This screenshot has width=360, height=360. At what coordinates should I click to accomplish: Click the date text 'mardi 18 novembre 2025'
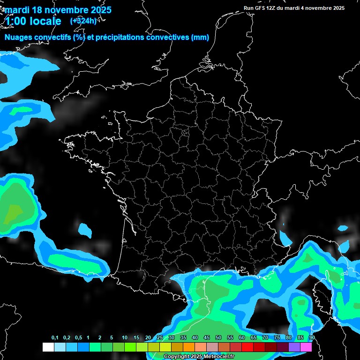[x=58, y=10]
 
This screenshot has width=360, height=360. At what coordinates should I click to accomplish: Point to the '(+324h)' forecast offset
[x=83, y=21]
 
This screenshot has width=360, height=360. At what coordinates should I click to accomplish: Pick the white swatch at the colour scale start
[x=48, y=347]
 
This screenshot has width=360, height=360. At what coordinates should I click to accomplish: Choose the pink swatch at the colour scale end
[x=306, y=347]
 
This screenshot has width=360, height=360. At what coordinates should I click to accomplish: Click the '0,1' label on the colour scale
[x=55, y=338]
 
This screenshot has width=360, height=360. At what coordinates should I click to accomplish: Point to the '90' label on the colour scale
[x=312, y=338]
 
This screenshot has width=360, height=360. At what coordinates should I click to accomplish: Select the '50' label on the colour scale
[x=218, y=338]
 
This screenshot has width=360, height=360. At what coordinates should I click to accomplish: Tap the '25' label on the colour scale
[x=160, y=338]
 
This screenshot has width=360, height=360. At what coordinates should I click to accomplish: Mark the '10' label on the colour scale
[x=125, y=338]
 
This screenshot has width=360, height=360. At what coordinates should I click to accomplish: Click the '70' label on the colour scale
[x=265, y=338]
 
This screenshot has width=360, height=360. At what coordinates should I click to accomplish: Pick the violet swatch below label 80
[x=294, y=347]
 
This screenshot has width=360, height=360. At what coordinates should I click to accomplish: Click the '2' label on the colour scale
[x=100, y=338]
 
